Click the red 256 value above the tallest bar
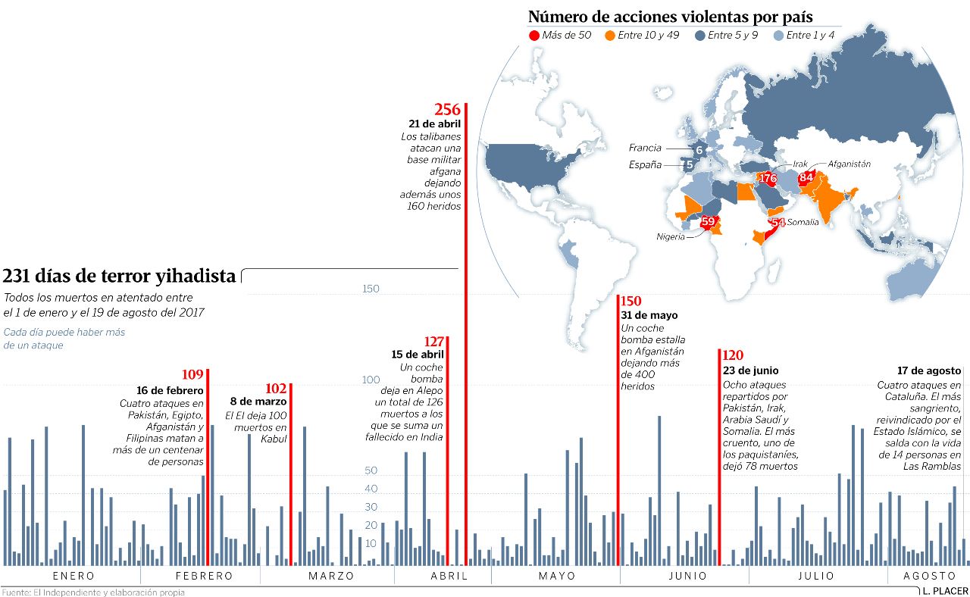447,110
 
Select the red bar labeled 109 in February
208,470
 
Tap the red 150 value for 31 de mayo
631,302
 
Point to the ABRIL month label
449,576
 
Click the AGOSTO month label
929,576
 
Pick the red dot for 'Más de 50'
534,36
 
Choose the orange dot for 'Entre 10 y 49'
610,36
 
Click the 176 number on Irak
768,179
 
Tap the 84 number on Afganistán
806,177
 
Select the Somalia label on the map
803,222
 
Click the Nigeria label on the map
671,236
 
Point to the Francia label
645,148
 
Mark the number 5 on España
689,165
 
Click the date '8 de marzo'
258,401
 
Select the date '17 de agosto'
929,370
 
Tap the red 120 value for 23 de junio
732,355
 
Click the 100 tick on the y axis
370,380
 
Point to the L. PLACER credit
946,590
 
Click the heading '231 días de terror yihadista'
120,276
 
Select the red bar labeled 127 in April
448,455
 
